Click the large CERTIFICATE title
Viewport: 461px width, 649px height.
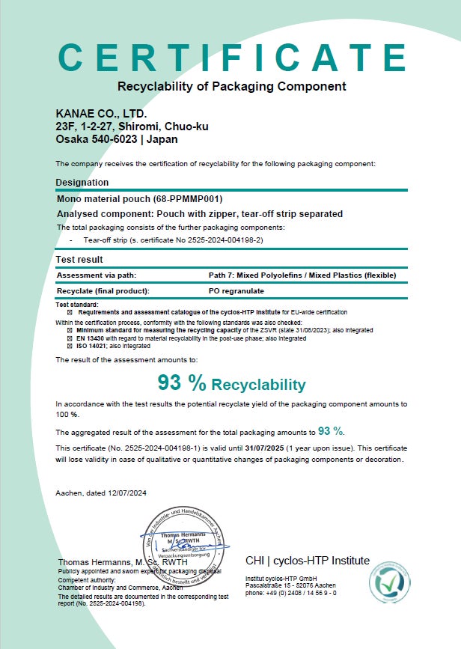point(231,58)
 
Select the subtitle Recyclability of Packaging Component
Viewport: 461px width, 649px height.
point(231,86)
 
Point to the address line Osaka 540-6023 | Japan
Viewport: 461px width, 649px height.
point(117,139)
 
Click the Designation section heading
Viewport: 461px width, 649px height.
point(82,182)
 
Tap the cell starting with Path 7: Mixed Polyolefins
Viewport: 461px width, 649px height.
point(302,275)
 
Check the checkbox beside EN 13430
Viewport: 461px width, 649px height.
point(70,338)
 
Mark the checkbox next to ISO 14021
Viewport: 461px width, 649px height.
point(70,347)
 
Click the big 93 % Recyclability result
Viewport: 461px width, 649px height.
point(231,384)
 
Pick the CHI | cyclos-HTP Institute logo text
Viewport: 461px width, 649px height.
point(307,561)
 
